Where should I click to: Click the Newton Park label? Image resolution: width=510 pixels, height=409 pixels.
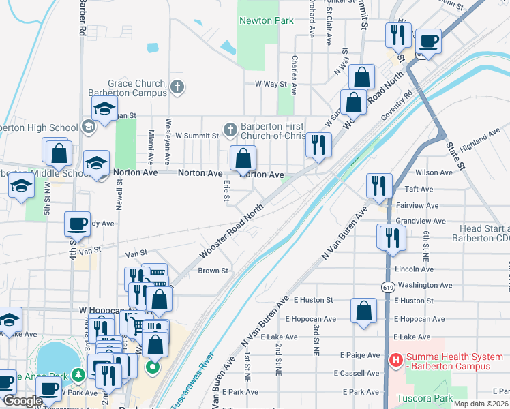(x=266, y=20)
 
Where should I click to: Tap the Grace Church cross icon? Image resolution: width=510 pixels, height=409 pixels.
(x=177, y=87)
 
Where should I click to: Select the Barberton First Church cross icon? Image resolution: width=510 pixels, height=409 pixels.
(x=230, y=130)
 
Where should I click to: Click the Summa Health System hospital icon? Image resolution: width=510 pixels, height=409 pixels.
(x=395, y=359)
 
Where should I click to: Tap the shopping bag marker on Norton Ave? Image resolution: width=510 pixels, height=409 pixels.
(x=243, y=160)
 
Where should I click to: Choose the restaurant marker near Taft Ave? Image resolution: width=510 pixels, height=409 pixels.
(x=379, y=185)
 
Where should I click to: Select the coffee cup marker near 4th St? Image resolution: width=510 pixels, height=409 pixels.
(x=77, y=224)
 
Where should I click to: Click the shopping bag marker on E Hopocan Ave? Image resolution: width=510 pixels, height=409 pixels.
(x=364, y=310)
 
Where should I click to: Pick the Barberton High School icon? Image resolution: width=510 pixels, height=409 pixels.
(x=88, y=127)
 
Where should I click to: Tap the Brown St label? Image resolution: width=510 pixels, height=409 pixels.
(x=213, y=271)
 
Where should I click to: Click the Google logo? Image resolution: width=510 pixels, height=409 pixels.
(x=22, y=402)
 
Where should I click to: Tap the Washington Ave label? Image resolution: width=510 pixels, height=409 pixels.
(x=425, y=285)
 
